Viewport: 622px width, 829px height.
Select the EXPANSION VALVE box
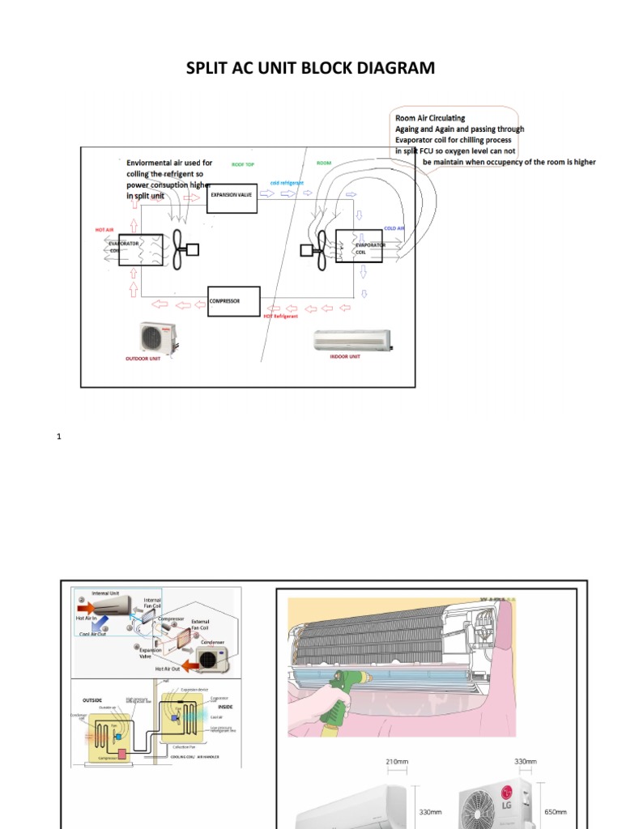click(232, 196)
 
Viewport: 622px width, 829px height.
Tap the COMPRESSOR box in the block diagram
click(233, 301)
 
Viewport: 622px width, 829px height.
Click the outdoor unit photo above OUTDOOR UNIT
click(158, 338)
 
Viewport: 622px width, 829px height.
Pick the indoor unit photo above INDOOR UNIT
click(351, 340)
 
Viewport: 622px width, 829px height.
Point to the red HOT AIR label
click(104, 230)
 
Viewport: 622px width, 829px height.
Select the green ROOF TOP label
click(243, 164)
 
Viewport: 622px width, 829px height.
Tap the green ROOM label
click(324, 164)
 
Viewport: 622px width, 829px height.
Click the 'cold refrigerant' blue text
click(287, 184)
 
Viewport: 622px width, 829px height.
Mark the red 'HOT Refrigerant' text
click(281, 315)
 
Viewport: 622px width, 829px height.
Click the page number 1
click(59, 437)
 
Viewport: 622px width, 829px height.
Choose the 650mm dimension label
click(555, 812)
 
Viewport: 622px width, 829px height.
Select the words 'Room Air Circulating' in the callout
click(430, 118)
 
